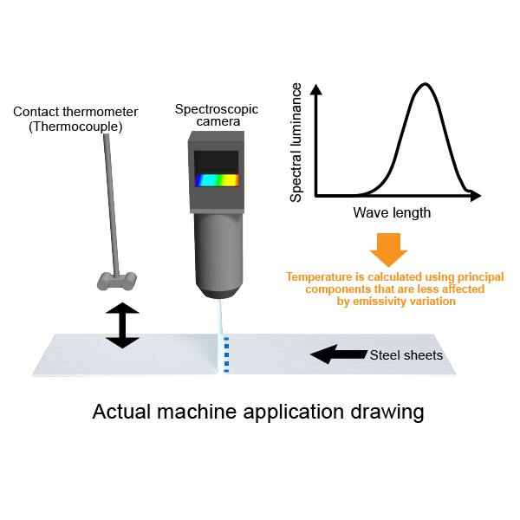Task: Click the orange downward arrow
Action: tap(388, 250)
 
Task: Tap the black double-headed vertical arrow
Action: tap(122, 325)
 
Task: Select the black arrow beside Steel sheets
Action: tap(339, 354)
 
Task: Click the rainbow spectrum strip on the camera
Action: tap(217, 180)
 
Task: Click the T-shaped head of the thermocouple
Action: tap(117, 281)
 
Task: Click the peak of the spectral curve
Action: tap(426, 84)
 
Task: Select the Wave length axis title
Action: tap(392, 212)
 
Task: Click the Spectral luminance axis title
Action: tap(296, 143)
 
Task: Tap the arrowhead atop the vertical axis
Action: tap(316, 89)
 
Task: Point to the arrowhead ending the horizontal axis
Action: tap(475, 196)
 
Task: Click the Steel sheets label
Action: tap(406, 355)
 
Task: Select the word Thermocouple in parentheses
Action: tap(75, 127)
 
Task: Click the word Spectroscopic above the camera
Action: tap(217, 109)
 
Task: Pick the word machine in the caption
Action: tap(197, 412)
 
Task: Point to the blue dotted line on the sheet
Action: tap(226, 354)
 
